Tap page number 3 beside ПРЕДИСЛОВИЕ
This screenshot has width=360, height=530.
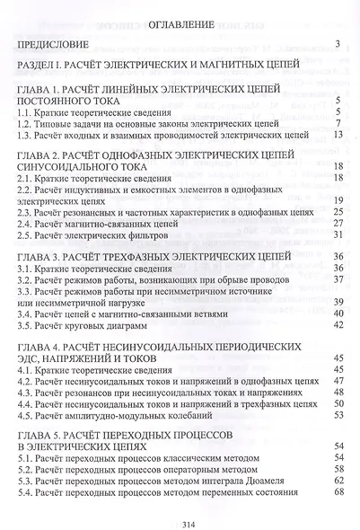(x=335, y=43)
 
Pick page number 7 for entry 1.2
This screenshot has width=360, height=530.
(x=335, y=123)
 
